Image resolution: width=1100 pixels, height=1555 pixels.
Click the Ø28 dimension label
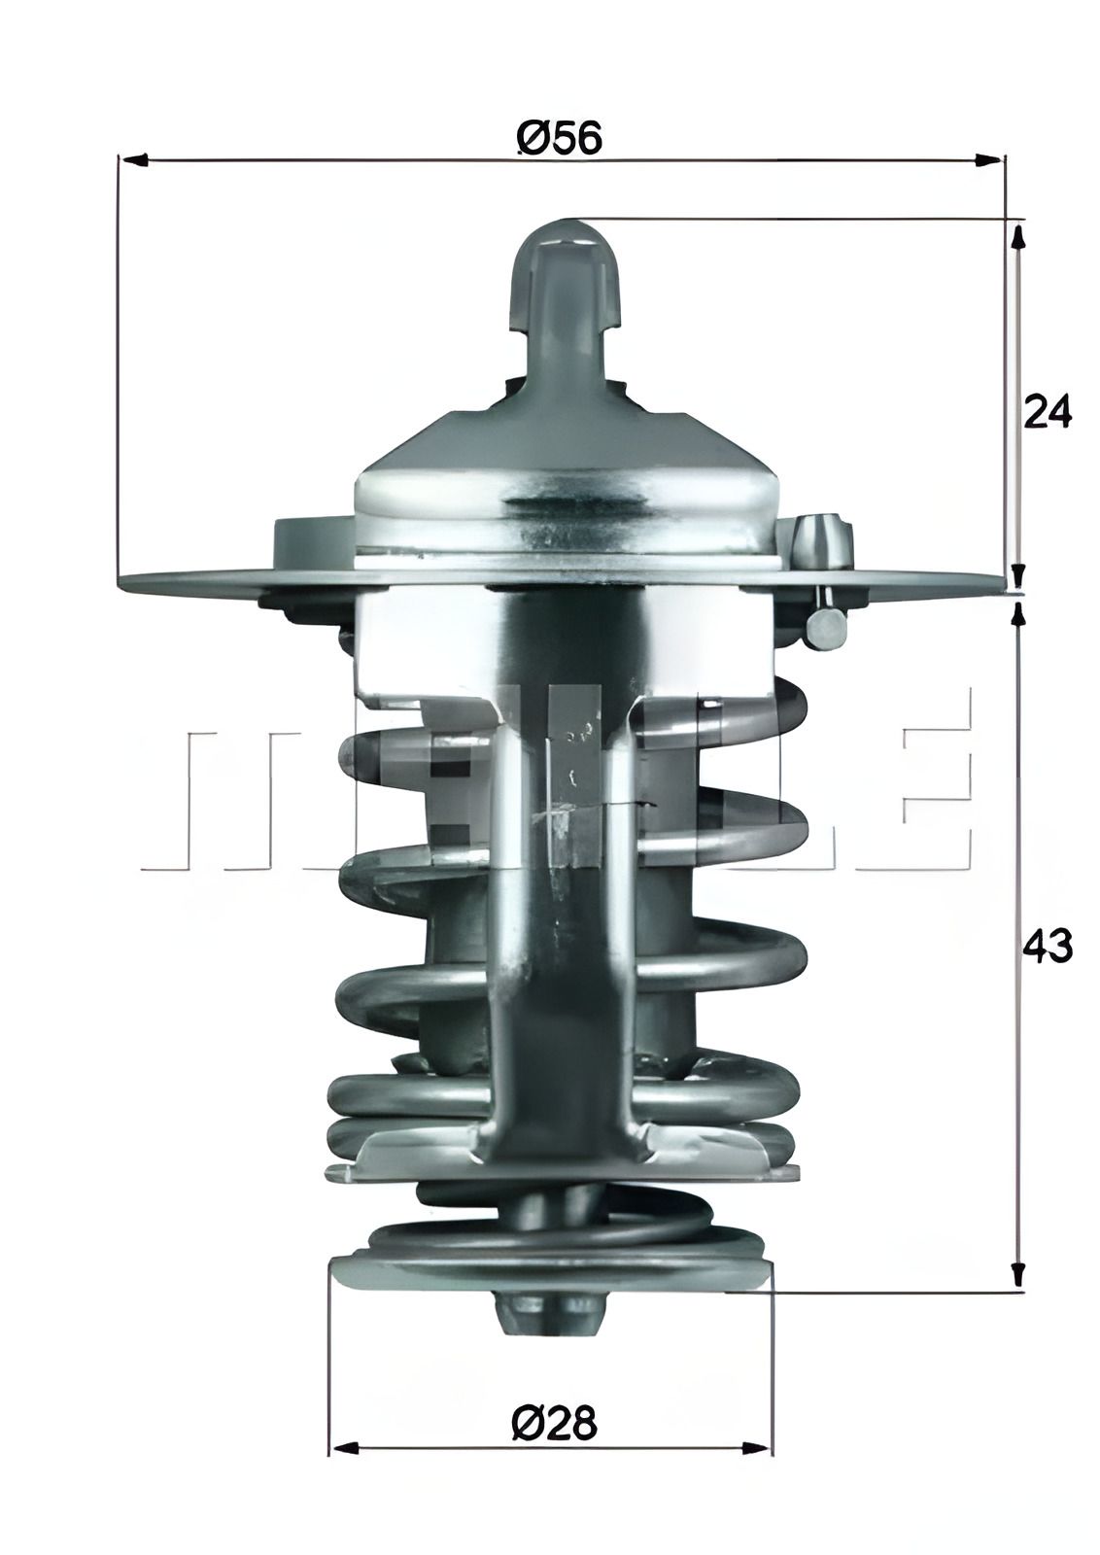[552, 1425]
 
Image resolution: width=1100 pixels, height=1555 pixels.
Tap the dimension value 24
[1048, 412]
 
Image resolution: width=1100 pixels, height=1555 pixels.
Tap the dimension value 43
[1048, 946]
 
